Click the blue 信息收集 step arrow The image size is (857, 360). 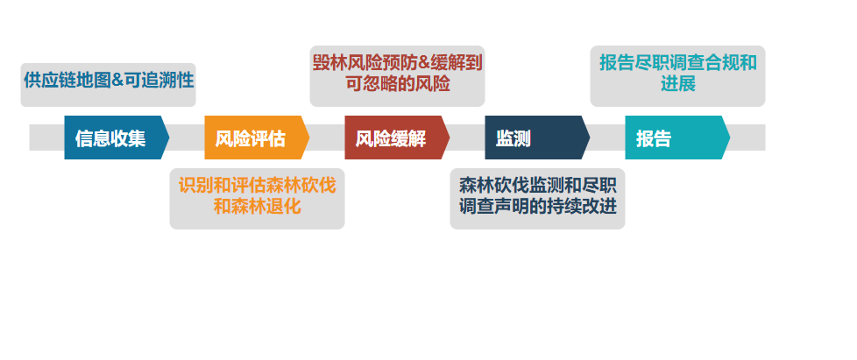click(117, 138)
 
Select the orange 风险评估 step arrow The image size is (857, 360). click(257, 138)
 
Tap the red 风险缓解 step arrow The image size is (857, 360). click(397, 138)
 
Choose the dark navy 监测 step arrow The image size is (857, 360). click(537, 138)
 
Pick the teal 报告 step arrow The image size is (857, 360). click(677, 138)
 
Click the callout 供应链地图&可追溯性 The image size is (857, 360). click(108, 85)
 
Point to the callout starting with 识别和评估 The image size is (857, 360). click(257, 199)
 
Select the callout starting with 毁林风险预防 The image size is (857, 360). click(397, 76)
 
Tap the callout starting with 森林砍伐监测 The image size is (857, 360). click(537, 199)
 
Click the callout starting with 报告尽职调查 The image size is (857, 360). click(677, 76)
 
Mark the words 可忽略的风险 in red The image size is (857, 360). click(397, 84)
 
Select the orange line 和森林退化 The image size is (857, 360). click(257, 207)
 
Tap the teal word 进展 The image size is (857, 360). click(677, 84)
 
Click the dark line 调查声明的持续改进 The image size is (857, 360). click(538, 207)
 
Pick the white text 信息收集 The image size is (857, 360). click(110, 138)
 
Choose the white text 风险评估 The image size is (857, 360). click(251, 138)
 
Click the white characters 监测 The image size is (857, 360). click(513, 138)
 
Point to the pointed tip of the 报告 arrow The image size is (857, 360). click(730, 138)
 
